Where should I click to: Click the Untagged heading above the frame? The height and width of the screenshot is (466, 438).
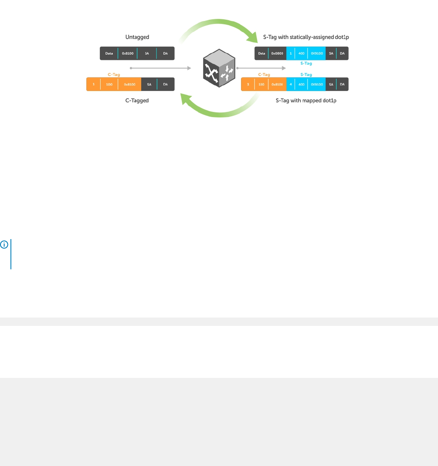pyautogui.click(x=137, y=37)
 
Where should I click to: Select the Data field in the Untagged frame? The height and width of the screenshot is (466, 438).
pyautogui.click(x=109, y=53)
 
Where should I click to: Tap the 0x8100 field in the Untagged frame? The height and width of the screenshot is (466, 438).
pyautogui.click(x=127, y=53)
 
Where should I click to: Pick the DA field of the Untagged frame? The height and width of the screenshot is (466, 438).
pyautogui.click(x=166, y=53)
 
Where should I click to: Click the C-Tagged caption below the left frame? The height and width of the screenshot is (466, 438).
pyautogui.click(x=137, y=101)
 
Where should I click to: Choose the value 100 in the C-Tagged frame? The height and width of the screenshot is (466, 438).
pyautogui.click(x=109, y=84)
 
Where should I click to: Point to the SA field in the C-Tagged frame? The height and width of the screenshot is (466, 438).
pyautogui.click(x=149, y=84)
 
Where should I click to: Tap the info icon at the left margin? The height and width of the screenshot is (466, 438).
pyautogui.click(x=3, y=244)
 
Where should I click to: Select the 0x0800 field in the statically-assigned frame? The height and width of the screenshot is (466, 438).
pyautogui.click(x=277, y=53)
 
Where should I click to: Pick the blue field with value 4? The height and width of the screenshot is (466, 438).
pyautogui.click(x=291, y=84)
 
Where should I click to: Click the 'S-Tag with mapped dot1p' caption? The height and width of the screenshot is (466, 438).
pyautogui.click(x=306, y=101)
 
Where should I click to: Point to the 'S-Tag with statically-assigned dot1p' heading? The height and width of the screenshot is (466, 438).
pyautogui.click(x=309, y=37)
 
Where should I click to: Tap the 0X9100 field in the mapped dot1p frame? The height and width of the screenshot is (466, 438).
pyautogui.click(x=316, y=84)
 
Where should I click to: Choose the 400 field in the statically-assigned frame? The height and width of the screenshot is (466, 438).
pyautogui.click(x=301, y=53)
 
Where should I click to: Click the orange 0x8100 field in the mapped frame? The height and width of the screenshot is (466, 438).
pyautogui.click(x=277, y=84)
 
